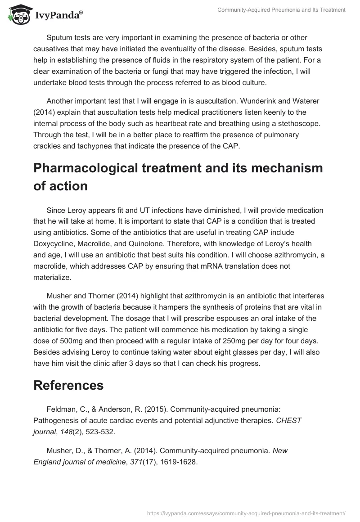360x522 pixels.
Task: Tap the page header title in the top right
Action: (x=281, y=10)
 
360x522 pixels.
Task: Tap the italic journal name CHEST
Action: (x=290, y=420)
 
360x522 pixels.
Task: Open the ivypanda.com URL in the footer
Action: (x=246, y=513)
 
